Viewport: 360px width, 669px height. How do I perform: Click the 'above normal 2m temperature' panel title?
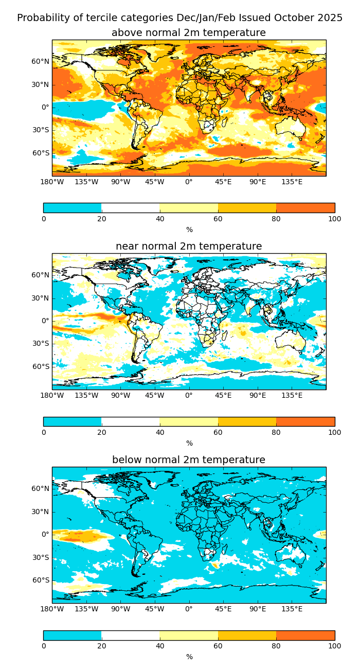189,33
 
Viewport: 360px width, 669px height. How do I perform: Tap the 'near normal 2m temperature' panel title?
189,247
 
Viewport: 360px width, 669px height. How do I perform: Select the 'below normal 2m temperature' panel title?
189,460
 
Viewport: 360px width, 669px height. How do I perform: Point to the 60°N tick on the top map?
41,62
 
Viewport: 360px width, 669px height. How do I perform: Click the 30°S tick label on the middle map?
41,344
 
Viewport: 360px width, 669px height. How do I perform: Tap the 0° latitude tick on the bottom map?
45,534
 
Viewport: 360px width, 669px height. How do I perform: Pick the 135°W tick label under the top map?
86,182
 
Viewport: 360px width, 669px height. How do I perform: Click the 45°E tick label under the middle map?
223,395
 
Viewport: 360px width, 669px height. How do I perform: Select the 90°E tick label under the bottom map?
258,609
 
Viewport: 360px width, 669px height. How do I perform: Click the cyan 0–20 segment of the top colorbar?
72,208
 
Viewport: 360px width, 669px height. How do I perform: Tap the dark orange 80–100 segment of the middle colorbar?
305,421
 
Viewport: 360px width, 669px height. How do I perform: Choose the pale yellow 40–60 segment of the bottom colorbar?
189,635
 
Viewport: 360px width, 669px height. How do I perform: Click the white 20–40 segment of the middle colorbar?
131,421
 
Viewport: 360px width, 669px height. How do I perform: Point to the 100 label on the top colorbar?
334,219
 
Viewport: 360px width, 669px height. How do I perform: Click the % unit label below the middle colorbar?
189,444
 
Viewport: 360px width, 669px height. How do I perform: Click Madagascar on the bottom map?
225,549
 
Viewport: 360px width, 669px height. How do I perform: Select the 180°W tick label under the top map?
52,182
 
